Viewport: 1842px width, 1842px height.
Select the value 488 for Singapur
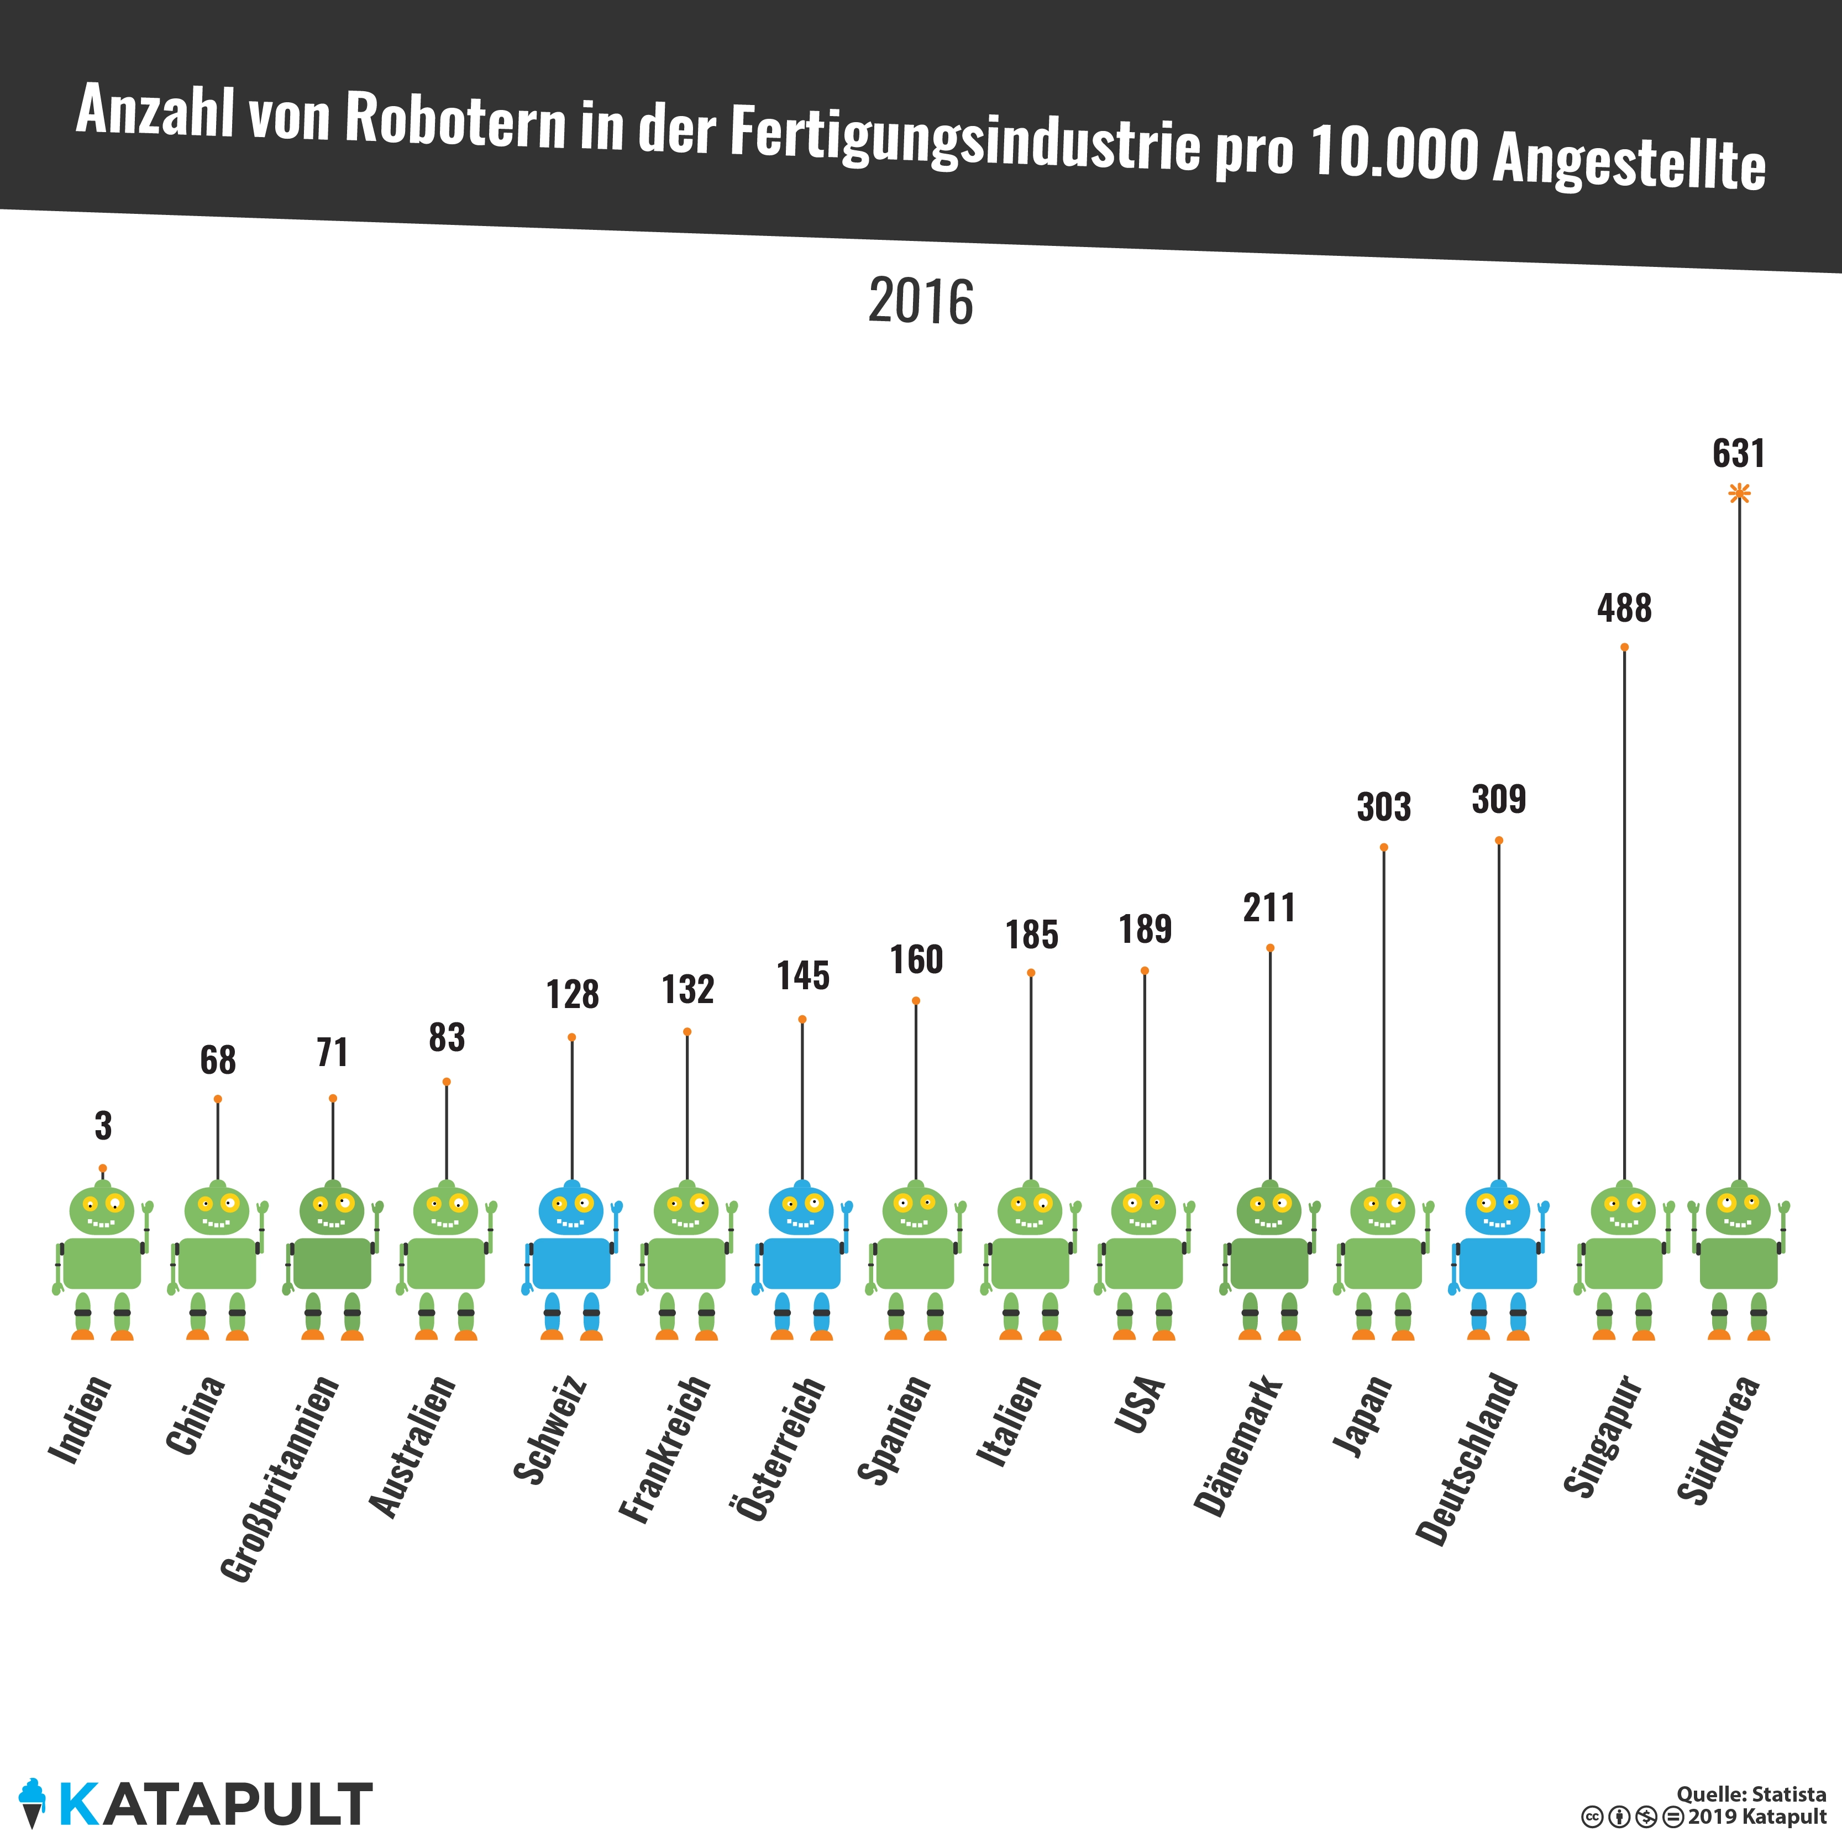point(1624,608)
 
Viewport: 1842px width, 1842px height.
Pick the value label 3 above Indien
point(103,1126)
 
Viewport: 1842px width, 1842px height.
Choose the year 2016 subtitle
point(920,302)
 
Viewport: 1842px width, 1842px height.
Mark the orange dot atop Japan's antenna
point(1383,847)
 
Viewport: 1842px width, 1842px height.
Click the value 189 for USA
point(1145,928)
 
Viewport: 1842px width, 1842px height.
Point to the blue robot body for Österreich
point(802,1263)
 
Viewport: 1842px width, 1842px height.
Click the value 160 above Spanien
point(916,959)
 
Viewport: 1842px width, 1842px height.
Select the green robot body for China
point(217,1263)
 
